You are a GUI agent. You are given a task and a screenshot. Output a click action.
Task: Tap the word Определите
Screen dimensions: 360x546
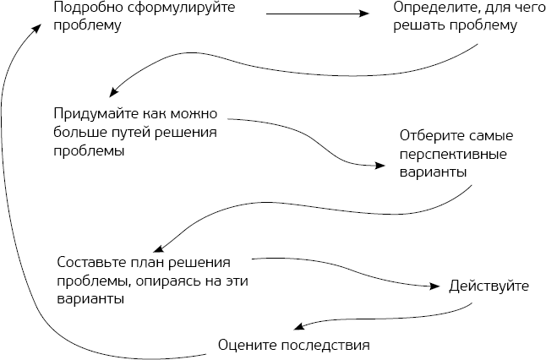[x=432, y=8]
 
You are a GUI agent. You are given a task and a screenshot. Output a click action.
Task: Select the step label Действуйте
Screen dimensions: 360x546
[x=490, y=286]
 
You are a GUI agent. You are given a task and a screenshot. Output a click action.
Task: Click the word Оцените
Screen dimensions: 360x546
[x=244, y=345]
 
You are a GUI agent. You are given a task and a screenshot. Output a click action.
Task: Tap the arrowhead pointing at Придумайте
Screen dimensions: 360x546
[x=113, y=93]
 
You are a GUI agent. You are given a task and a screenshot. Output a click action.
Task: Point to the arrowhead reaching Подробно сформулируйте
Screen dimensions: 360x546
[x=37, y=28]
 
